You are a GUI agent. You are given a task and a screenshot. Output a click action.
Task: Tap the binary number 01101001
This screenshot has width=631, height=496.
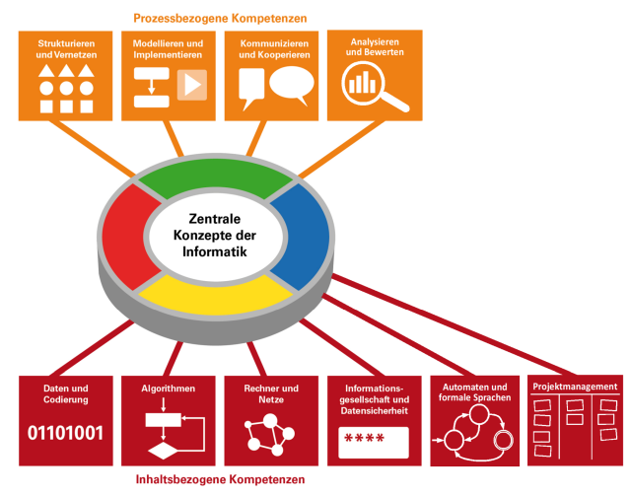click(x=65, y=433)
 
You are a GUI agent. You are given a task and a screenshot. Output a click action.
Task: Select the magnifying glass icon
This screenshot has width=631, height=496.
click(x=372, y=89)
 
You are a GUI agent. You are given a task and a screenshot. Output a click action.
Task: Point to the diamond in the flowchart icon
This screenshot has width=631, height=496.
click(x=160, y=453)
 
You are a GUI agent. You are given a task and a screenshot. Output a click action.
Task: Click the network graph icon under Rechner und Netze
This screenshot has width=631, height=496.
click(x=269, y=431)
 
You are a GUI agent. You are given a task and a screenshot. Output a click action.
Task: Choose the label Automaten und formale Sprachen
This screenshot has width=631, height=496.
click(x=476, y=391)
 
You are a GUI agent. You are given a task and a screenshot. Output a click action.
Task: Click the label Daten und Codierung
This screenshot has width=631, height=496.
click(x=65, y=395)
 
